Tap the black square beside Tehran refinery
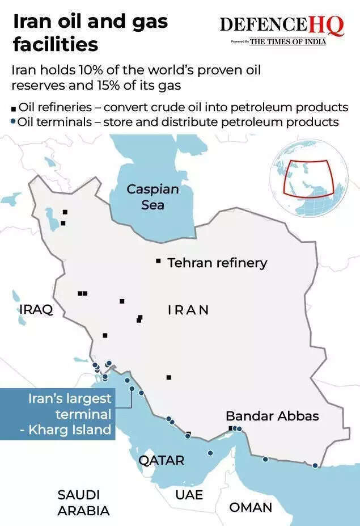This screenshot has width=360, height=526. pyautogui.click(x=158, y=261)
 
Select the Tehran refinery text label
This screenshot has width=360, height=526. pyautogui.click(x=217, y=263)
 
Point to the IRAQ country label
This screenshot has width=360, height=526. pyautogui.click(x=36, y=309)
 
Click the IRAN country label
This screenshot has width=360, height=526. pyautogui.click(x=188, y=310)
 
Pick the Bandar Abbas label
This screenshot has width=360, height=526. pyautogui.click(x=272, y=416)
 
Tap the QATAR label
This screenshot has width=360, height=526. pyautogui.click(x=162, y=460)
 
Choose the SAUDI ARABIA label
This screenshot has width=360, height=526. pyautogui.click(x=83, y=503)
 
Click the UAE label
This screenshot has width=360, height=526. pyautogui.click(x=189, y=495)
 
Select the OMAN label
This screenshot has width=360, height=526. pyautogui.click(x=251, y=507)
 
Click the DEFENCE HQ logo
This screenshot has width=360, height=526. pyautogui.click(x=281, y=26)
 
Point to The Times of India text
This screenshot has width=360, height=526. pyautogui.click(x=288, y=41)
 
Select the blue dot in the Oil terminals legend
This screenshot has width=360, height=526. pyautogui.click(x=14, y=121)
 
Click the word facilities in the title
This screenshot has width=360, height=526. pyautogui.click(x=55, y=44)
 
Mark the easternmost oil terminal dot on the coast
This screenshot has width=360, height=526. pyautogui.click(x=315, y=465)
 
